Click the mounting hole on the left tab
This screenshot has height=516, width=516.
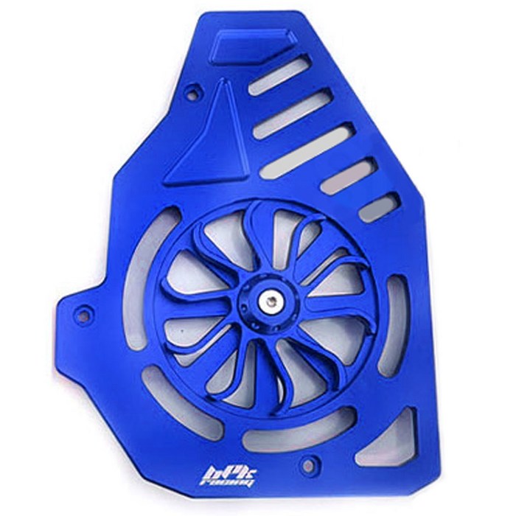pos(83,315)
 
